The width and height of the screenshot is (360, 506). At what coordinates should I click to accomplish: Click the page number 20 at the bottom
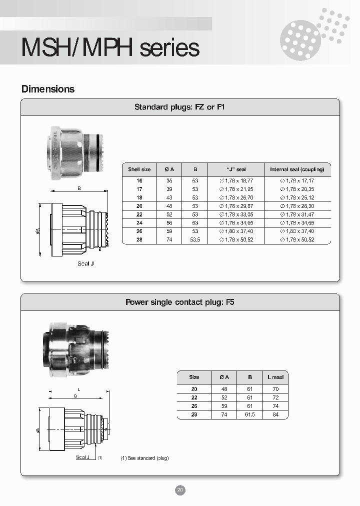point(180,490)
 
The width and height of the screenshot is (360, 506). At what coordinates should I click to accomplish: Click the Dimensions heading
point(48,89)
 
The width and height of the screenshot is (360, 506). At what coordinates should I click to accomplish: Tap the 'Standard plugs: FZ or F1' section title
point(180,107)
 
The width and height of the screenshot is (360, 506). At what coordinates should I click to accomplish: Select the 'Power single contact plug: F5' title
point(180,302)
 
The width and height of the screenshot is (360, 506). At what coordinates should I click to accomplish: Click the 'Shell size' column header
point(139,169)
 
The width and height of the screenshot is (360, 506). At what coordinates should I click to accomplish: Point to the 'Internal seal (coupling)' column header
point(297,169)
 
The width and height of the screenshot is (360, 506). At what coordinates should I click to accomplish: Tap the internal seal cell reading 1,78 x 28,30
point(297,206)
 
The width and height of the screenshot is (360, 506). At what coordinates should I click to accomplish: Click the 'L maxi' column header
point(275,377)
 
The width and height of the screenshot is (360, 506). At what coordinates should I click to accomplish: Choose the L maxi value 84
point(275,414)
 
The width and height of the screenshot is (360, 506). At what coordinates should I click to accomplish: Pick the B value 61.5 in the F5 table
point(249,414)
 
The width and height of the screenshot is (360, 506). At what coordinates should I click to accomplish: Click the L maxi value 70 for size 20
point(275,389)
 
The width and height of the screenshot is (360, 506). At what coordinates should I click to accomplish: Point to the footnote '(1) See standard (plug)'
point(144,458)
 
